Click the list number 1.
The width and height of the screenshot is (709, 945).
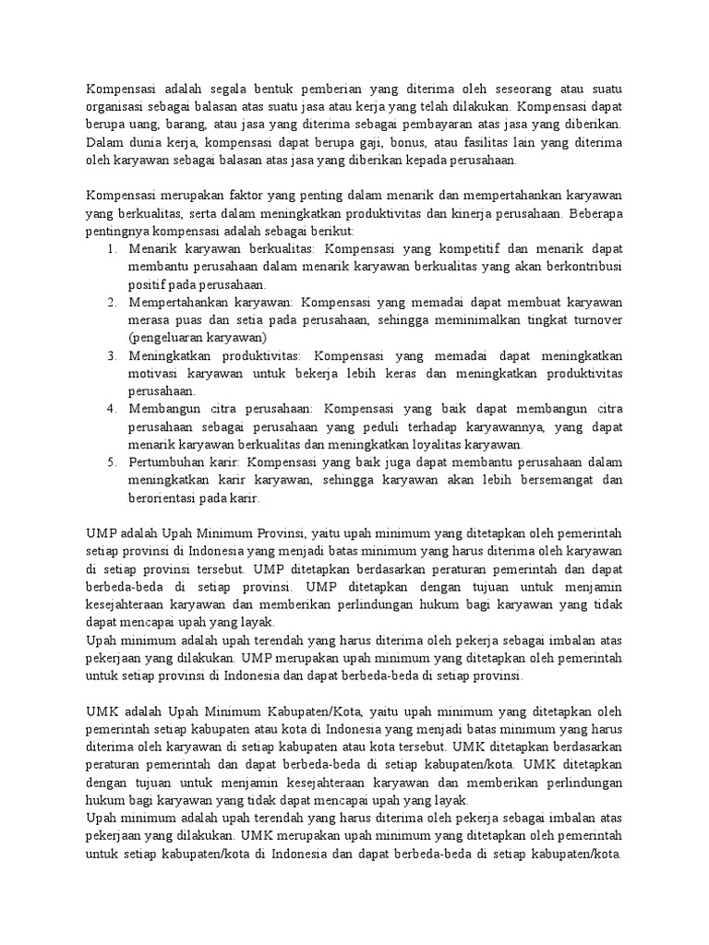click(x=111, y=249)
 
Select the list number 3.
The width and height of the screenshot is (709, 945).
click(x=111, y=355)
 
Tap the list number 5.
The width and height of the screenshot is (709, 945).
click(x=111, y=461)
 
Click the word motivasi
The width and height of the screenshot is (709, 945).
click(x=154, y=373)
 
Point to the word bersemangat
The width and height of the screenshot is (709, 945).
click(x=543, y=480)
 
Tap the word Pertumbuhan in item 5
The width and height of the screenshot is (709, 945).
click(x=168, y=461)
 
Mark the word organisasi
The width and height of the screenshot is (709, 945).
click(x=118, y=107)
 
